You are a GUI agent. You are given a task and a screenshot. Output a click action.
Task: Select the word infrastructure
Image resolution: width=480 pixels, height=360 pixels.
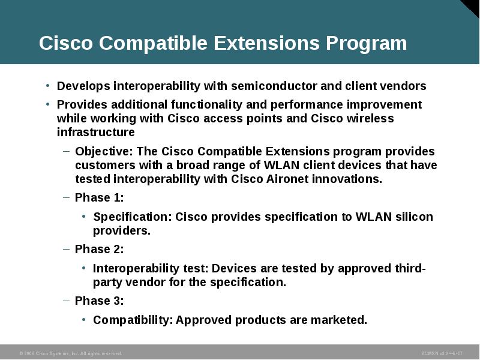tap(96, 132)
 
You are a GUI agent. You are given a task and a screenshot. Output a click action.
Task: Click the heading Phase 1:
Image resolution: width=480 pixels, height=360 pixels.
tap(99, 197)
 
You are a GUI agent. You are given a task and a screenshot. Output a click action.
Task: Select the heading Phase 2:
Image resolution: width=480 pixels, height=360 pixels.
tap(99, 249)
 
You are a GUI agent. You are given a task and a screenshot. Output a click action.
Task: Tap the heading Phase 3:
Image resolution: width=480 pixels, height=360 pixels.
tap(99, 301)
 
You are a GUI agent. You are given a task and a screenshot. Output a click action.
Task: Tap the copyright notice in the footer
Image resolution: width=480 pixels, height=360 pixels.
tap(71, 353)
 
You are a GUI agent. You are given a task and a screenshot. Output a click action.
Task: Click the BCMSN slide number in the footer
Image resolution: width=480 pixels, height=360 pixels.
tap(442, 353)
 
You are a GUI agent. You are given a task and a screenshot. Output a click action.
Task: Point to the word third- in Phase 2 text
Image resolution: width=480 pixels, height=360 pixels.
tap(410, 268)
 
